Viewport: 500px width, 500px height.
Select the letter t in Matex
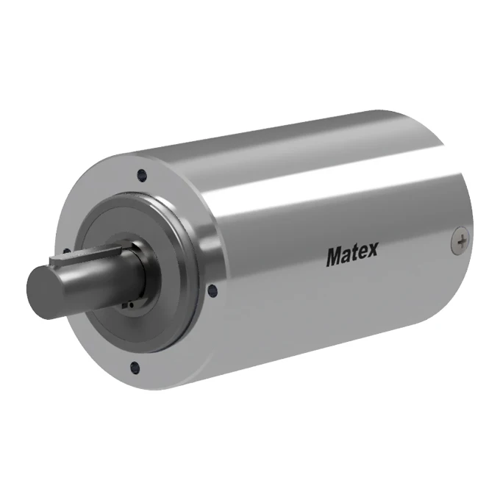(354, 254)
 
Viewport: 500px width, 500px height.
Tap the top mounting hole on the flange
(141, 175)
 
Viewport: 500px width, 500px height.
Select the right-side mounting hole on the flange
(213, 290)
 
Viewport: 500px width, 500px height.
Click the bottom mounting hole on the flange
(133, 367)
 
